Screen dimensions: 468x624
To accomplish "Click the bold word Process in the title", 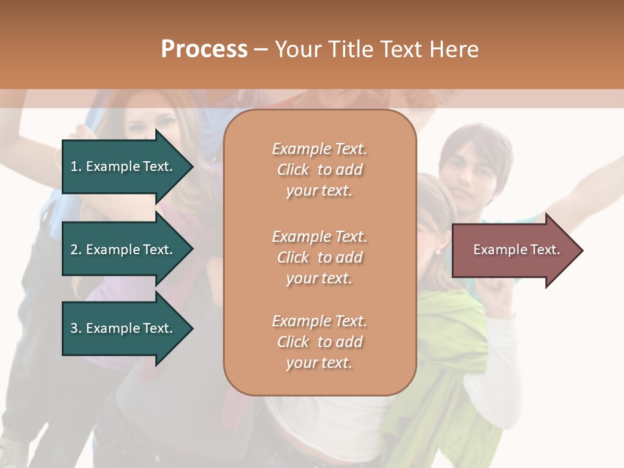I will (x=204, y=49).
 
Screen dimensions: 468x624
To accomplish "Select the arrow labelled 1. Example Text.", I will (x=123, y=166).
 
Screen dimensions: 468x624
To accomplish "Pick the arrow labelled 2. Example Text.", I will (x=123, y=250).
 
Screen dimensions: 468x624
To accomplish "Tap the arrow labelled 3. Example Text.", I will (x=123, y=328).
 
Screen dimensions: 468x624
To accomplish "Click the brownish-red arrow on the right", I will (x=513, y=250).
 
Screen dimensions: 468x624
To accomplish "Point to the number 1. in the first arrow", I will (x=76, y=166).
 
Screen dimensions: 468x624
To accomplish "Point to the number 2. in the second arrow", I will (x=76, y=250).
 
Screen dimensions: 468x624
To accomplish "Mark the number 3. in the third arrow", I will (x=76, y=328).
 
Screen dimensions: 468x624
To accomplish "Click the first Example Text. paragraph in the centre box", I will (x=319, y=170).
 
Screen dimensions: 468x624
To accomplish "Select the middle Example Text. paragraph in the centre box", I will (x=319, y=257).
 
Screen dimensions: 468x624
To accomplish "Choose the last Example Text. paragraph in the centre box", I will (x=319, y=342).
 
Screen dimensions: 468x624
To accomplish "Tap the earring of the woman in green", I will (x=437, y=251).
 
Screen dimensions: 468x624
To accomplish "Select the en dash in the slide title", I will (x=261, y=50).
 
